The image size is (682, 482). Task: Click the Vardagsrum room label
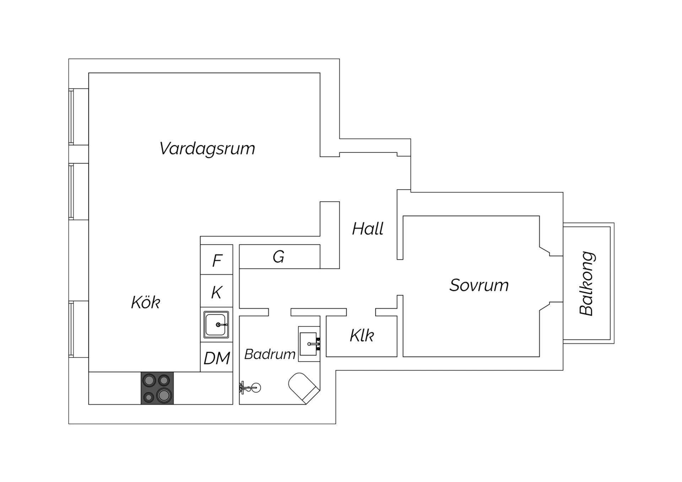[x=207, y=149]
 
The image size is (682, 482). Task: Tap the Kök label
[x=146, y=302]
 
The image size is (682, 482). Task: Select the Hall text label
[x=368, y=229]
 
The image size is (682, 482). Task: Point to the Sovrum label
[x=479, y=285]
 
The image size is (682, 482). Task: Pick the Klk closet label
[x=362, y=336]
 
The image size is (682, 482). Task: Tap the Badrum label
[x=270, y=354]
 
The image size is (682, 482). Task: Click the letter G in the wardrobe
[x=278, y=257]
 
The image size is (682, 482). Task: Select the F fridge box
[x=217, y=260]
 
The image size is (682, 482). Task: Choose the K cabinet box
[x=217, y=291]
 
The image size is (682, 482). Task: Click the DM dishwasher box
[x=217, y=357]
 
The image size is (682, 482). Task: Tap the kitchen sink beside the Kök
[x=216, y=325]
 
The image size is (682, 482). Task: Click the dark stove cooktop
[x=157, y=388]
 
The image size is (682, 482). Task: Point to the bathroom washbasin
[x=309, y=344]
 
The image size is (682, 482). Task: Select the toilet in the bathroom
[x=304, y=388]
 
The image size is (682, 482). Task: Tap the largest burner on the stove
[x=164, y=395]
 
